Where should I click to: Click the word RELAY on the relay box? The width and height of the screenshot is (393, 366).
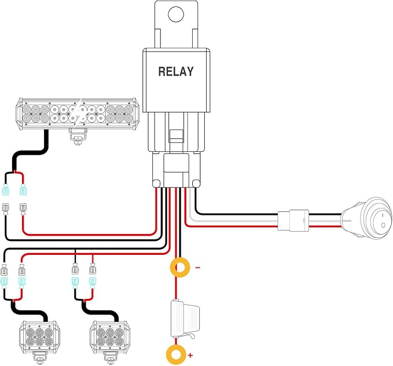(176, 71)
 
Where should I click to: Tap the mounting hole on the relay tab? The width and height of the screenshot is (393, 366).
(176, 14)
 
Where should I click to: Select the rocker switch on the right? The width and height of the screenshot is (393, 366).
(366, 218)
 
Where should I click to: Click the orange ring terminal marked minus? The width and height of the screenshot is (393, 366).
(180, 268)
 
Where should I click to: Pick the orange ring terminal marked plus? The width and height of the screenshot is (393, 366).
(177, 355)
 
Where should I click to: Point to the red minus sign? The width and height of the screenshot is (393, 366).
(198, 268)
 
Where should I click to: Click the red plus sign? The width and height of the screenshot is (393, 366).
(190, 355)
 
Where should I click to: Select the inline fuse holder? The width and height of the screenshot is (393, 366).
(185, 319)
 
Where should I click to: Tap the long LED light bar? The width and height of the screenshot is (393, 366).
(77, 114)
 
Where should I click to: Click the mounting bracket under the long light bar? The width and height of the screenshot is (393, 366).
(78, 136)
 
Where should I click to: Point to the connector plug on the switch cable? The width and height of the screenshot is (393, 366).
(293, 220)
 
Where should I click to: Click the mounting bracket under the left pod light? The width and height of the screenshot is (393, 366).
(40, 358)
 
